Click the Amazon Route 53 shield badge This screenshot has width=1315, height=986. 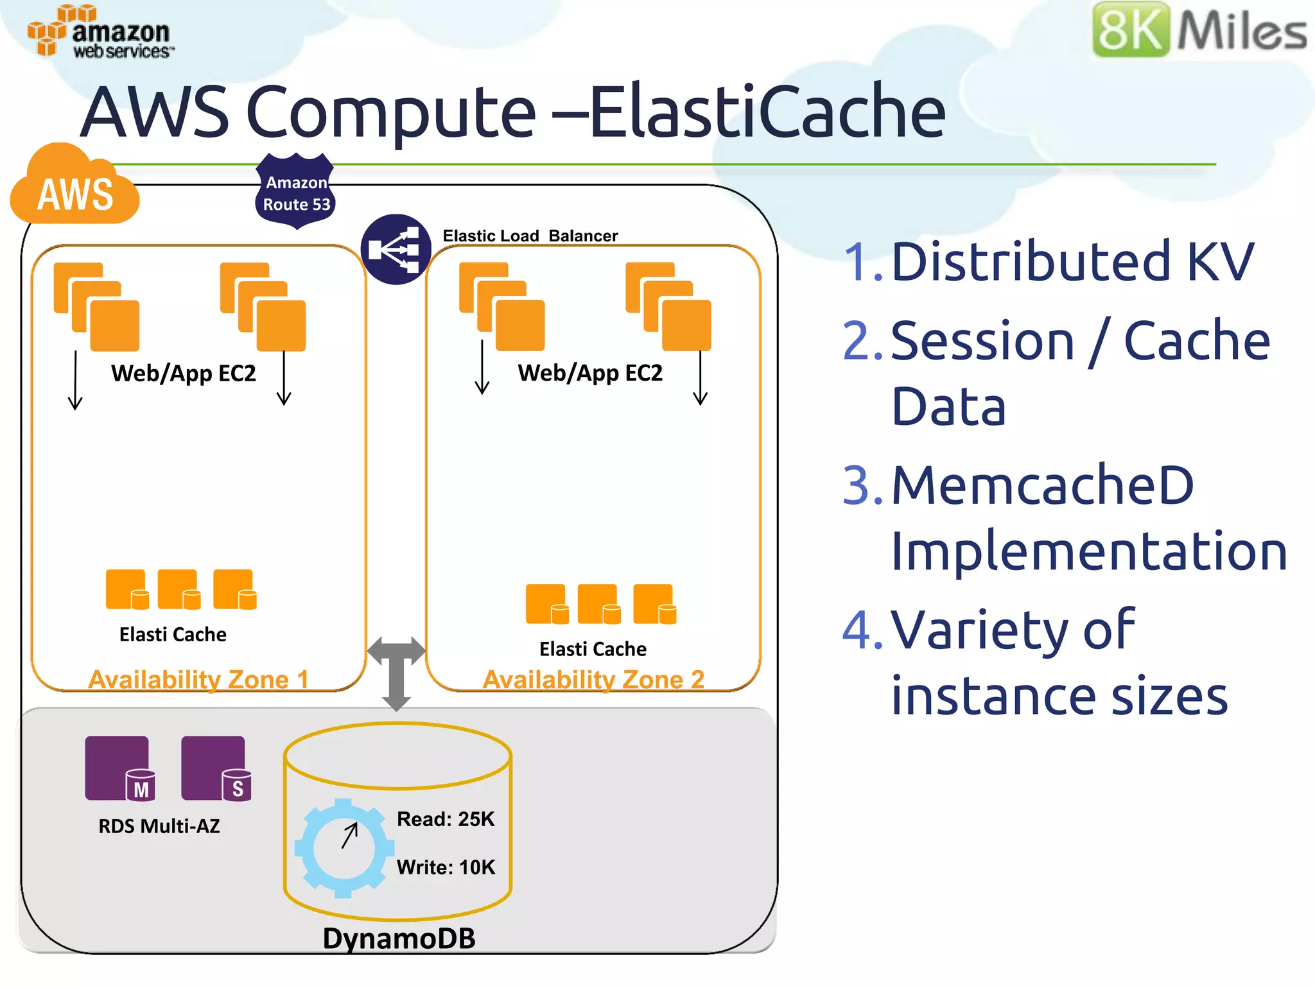point(295,192)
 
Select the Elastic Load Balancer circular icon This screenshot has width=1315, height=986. point(396,249)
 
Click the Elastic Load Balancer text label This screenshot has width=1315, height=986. point(530,236)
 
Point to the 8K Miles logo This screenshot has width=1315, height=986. point(1199,30)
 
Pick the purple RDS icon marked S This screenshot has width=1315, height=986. point(216,768)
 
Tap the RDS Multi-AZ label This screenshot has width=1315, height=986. point(159,826)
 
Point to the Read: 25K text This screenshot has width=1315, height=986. point(446,819)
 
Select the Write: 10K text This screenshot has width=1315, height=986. point(446,867)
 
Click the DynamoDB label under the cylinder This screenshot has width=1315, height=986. point(399,938)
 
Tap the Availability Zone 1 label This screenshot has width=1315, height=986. point(198,679)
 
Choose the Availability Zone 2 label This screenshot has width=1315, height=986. point(593,679)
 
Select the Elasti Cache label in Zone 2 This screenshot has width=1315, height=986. point(593,649)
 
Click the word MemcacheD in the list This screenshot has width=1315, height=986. point(1042,485)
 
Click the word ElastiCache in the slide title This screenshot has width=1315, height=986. point(767,112)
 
